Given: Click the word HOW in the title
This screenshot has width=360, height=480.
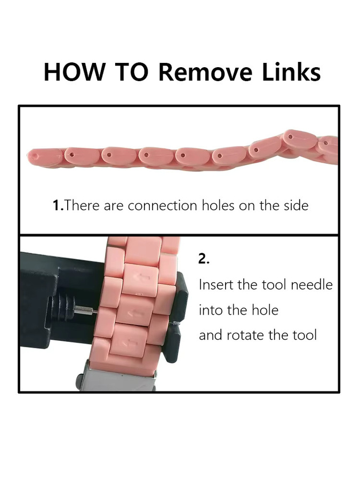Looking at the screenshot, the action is tap(74, 72).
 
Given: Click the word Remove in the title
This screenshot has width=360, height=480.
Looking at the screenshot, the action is tap(205, 72).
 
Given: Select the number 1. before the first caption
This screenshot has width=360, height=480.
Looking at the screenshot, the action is tap(58, 205).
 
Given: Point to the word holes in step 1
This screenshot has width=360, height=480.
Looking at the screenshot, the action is tap(219, 205).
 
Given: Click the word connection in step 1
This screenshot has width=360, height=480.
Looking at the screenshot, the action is tap(162, 205).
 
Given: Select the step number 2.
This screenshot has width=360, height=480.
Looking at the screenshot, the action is tap(204, 259).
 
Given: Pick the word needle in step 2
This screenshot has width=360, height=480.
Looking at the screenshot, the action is tap(311, 285).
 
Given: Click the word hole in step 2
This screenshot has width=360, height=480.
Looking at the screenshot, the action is tap(265, 310).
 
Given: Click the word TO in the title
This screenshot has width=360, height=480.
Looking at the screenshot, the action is tap(131, 72).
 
